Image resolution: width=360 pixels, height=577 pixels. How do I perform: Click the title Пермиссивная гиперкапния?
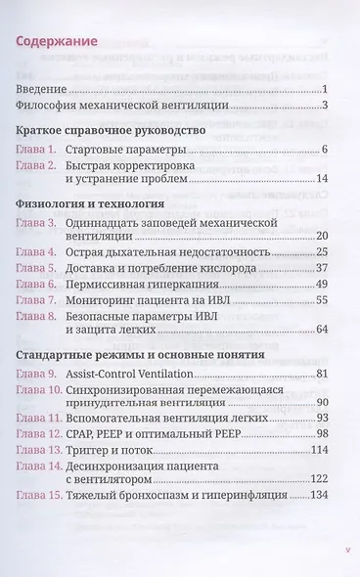pos(155,284)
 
